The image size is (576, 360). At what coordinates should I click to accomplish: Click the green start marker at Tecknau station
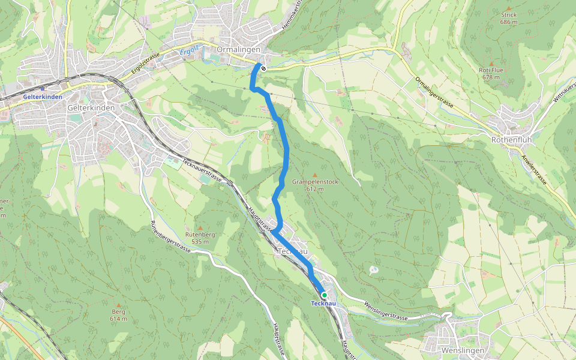(x=324, y=295)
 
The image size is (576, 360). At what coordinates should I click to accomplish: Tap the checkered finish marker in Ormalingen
(x=263, y=68)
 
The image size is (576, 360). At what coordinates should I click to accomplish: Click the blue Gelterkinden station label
(x=43, y=97)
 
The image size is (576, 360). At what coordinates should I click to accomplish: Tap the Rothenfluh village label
(x=511, y=140)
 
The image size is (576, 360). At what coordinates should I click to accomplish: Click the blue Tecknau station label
(x=323, y=304)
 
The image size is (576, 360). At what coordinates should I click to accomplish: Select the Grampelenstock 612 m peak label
(x=315, y=185)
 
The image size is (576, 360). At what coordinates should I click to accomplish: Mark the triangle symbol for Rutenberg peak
(x=199, y=227)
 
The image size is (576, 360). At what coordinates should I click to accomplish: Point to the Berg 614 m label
(x=119, y=315)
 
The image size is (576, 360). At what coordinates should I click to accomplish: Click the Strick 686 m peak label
(x=508, y=18)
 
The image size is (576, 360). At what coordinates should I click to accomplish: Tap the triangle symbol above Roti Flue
(x=491, y=63)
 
